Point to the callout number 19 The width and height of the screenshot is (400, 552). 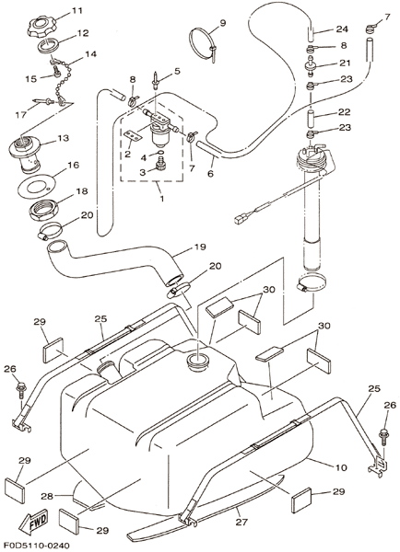click(x=199, y=247)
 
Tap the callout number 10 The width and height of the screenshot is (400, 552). click(x=341, y=467)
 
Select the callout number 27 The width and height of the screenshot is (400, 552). click(x=241, y=522)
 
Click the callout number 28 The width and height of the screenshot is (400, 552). click(x=47, y=496)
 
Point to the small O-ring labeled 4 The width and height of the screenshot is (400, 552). click(x=160, y=153)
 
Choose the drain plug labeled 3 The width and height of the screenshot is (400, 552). click(x=161, y=166)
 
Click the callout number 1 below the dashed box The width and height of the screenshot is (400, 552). click(x=162, y=198)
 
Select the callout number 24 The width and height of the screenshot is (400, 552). click(x=341, y=29)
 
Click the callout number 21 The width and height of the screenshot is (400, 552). click(x=345, y=63)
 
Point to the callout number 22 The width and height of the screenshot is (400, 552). click(x=345, y=112)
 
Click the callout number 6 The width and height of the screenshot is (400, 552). click(x=210, y=173)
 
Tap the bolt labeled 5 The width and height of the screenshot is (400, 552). click(x=155, y=79)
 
